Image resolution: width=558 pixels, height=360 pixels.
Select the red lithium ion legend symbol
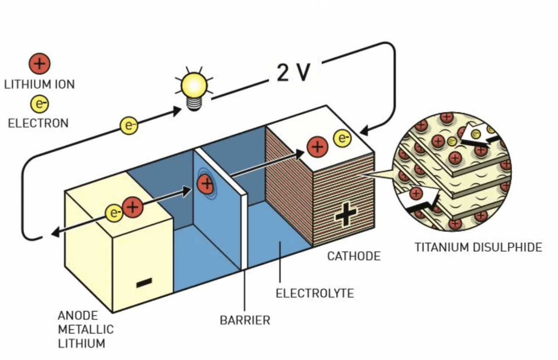point(40,64)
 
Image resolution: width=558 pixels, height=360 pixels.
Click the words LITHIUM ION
point(39,84)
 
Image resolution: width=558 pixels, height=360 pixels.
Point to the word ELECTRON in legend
point(38,123)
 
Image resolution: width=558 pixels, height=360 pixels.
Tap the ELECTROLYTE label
point(315,293)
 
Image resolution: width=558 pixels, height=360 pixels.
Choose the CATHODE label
point(354,256)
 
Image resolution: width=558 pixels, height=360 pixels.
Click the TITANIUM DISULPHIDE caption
point(478,247)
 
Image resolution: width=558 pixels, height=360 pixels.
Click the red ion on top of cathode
point(317,147)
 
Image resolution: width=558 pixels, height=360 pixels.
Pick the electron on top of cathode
point(342,138)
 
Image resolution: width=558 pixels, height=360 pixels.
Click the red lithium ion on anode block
point(133,207)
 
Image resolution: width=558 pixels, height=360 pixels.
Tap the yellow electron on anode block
point(114,213)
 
